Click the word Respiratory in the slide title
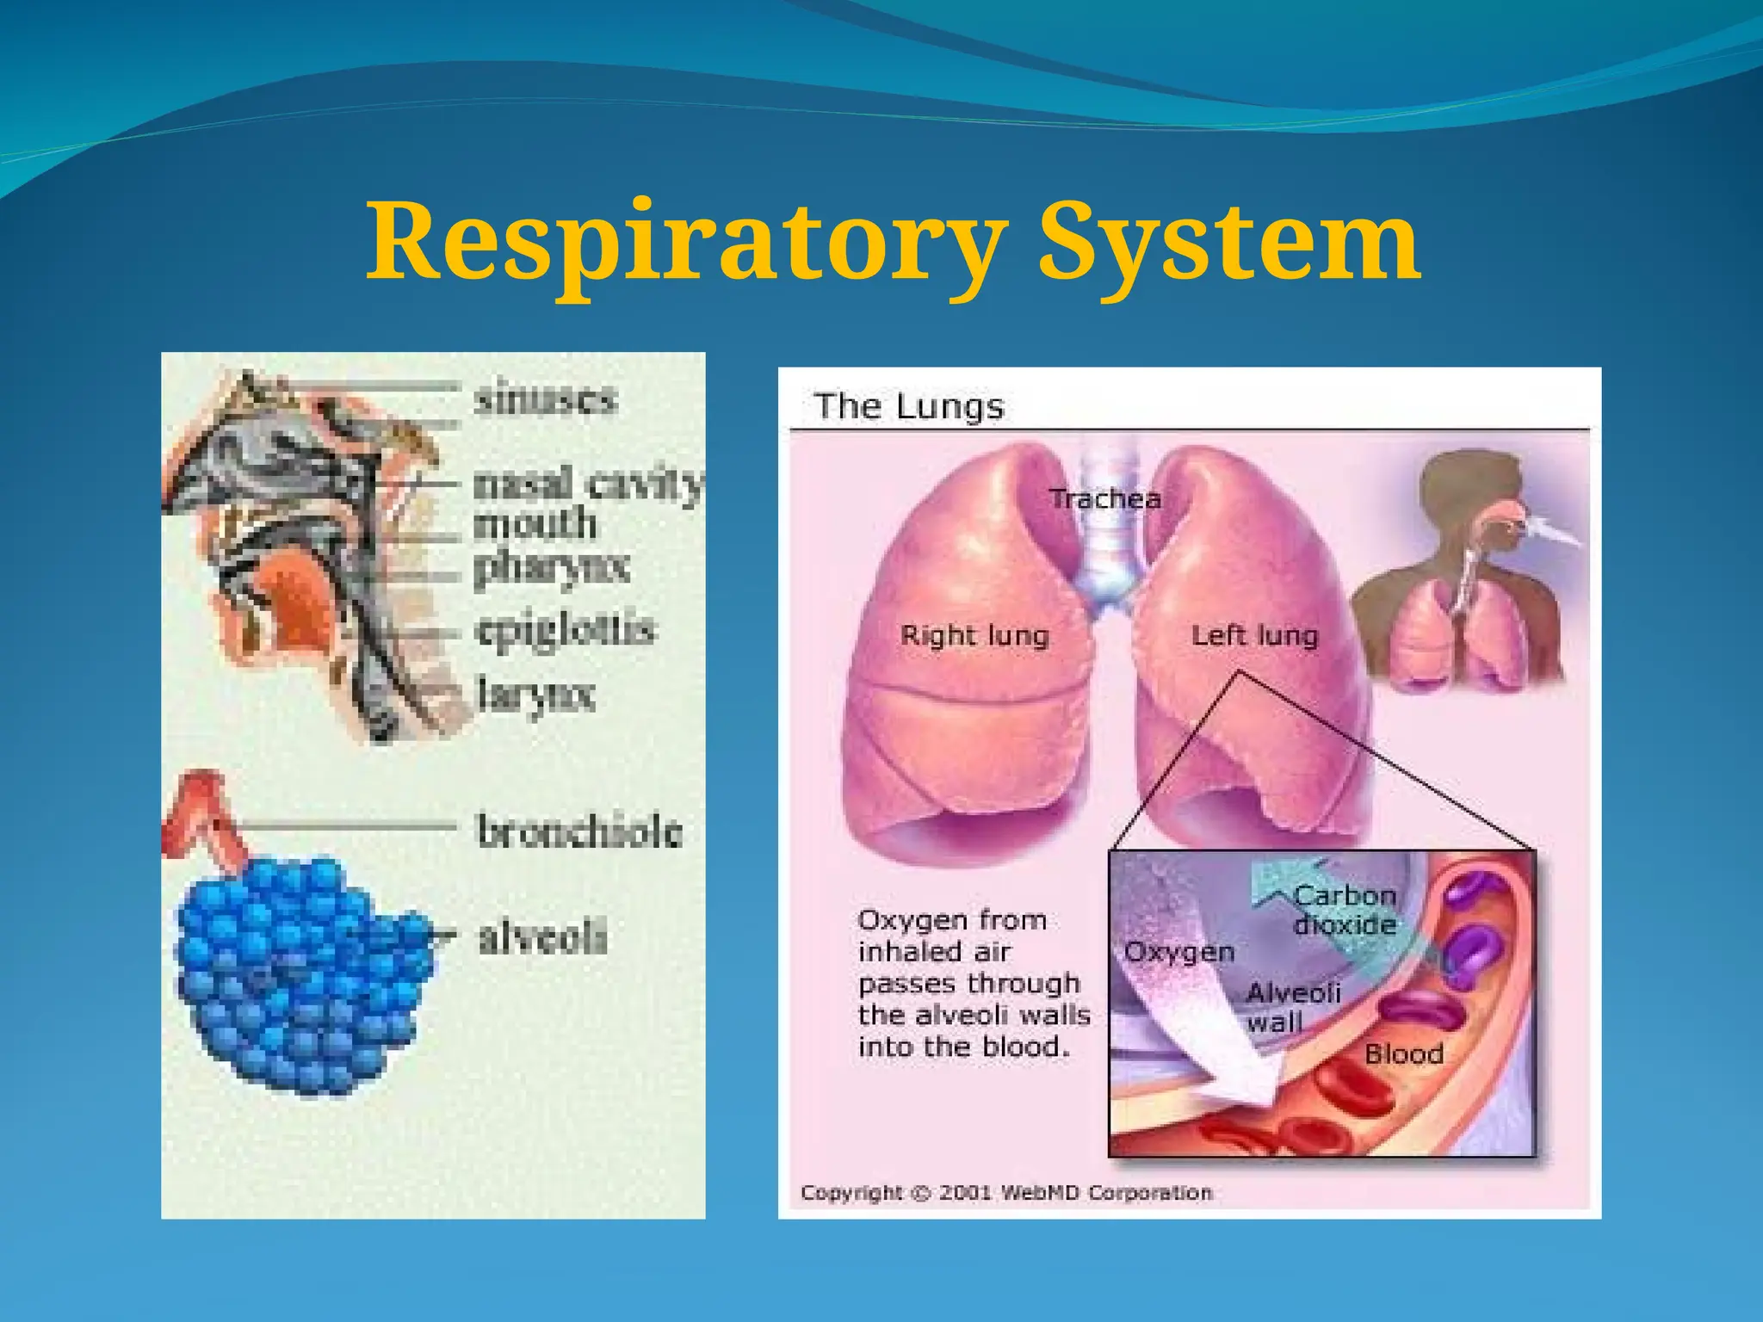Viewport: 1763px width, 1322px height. [x=687, y=243]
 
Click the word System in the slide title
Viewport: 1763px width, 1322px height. [x=1228, y=243]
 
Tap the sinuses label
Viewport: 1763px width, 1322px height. [x=546, y=399]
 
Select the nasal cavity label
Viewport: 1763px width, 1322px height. [x=589, y=485]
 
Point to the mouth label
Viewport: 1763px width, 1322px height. [x=535, y=524]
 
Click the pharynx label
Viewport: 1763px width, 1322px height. [x=552, y=568]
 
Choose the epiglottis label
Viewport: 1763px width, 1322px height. [x=566, y=631]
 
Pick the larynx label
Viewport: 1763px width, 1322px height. [x=536, y=695]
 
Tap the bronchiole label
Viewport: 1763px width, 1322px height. [x=579, y=831]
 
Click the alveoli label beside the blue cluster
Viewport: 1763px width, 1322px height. [x=542, y=937]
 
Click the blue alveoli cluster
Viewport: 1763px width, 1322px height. [x=301, y=977]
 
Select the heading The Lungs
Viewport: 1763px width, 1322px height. [x=909, y=406]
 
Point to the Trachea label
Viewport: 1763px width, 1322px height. [x=1104, y=499]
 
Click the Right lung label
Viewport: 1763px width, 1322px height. [x=974, y=636]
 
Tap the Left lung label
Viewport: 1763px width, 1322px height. [x=1254, y=636]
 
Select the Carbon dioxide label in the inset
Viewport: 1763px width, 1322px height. [x=1344, y=911]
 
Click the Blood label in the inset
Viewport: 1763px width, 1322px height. [x=1403, y=1054]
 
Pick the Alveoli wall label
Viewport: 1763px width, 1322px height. [x=1293, y=1007]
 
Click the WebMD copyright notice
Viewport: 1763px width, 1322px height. [x=1005, y=1193]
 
